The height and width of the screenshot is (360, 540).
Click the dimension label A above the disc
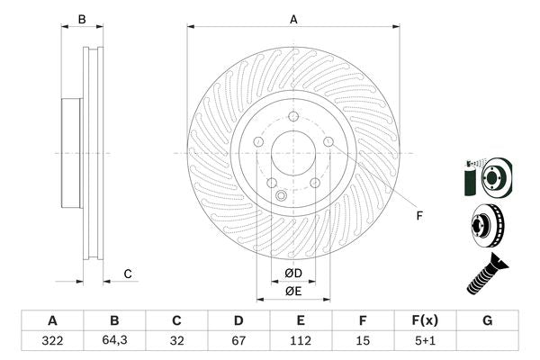pos(293,18)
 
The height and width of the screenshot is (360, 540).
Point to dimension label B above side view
pos(81,18)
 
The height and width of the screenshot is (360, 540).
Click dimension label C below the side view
pos(128,274)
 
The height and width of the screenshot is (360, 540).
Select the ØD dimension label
pos(293,274)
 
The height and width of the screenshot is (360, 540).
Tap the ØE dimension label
pos(293,291)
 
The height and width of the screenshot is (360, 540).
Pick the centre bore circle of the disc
pos(293,153)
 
